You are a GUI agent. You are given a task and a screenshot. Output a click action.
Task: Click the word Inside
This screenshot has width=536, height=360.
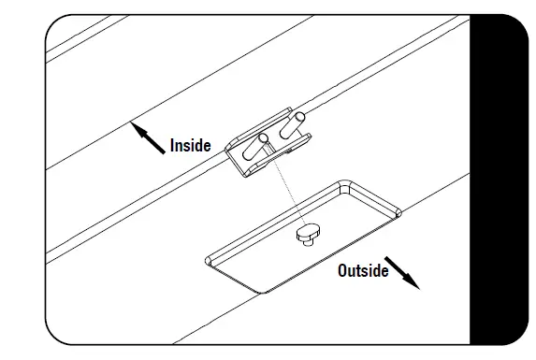click(x=191, y=146)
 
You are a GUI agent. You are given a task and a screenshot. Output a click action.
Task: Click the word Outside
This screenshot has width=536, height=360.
click(x=362, y=271)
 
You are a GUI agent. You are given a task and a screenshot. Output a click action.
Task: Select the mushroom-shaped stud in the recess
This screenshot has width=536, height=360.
click(x=305, y=235)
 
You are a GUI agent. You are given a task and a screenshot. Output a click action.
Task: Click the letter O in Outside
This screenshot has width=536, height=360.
click(x=343, y=271)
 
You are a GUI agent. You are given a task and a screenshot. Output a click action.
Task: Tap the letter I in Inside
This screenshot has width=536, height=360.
click(x=172, y=146)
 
